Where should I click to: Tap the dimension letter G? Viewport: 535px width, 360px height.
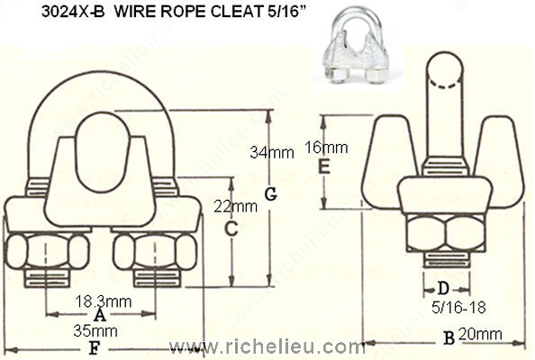click(270, 195)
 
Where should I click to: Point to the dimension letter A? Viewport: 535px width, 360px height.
click(100, 315)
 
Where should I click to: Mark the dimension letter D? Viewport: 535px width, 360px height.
click(441, 288)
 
